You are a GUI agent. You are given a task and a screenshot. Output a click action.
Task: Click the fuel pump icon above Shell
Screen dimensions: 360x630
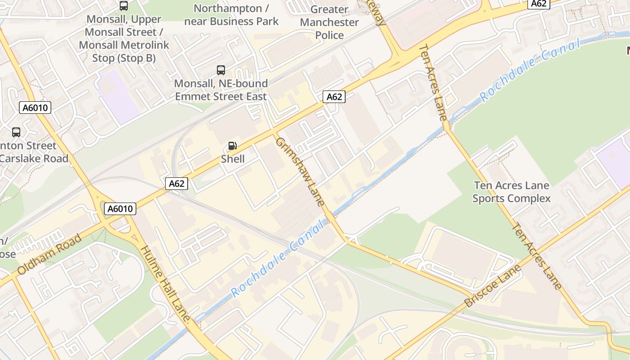point(233,146)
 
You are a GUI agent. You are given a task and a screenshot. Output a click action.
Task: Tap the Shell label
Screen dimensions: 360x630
point(233,159)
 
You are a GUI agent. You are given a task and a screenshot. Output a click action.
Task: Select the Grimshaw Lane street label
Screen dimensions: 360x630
point(300,171)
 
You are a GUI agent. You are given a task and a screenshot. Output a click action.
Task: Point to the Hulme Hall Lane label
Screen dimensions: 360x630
point(167,283)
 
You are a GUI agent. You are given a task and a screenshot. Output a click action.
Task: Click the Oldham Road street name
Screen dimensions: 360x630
point(49,254)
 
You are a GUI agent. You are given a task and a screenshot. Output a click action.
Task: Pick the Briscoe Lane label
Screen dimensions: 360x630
point(493,286)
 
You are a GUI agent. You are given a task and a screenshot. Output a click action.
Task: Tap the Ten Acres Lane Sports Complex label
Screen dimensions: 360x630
point(512,192)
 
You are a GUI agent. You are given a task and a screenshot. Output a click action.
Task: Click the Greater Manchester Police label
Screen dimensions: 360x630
point(329,22)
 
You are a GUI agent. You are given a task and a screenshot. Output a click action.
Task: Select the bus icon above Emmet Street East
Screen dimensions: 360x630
point(221,70)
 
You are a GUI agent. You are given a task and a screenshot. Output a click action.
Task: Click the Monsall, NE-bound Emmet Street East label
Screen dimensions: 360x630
point(221,90)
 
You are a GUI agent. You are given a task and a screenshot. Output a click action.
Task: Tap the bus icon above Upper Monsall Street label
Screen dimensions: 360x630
point(124,6)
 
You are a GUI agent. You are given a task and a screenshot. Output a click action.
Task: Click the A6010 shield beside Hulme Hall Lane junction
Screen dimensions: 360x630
point(120,209)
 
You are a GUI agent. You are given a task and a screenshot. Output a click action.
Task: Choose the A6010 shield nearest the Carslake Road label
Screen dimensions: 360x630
point(36,108)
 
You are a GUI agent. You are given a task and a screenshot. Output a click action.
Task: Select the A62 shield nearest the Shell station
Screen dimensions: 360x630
point(176,183)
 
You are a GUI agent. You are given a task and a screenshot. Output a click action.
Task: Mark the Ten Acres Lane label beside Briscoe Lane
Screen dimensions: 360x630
point(537,256)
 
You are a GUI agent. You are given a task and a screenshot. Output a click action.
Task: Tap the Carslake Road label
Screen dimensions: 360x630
point(34,158)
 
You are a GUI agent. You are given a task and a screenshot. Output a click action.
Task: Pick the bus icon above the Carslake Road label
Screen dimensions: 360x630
point(16,132)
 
